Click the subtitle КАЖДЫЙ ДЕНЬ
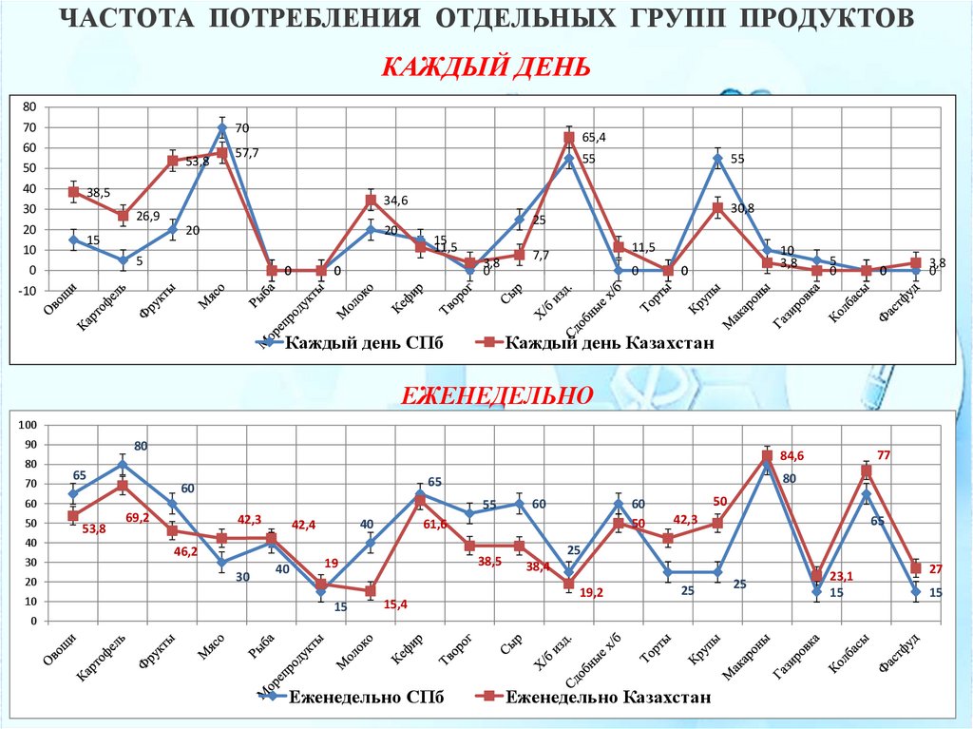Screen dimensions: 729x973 click(x=486, y=68)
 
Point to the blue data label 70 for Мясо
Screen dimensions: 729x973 click(x=241, y=128)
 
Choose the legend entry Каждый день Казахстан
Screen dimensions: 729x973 click(x=608, y=342)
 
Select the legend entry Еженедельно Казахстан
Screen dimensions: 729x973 click(x=608, y=698)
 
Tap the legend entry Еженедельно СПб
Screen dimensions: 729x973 click(x=366, y=698)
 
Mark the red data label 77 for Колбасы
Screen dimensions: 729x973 click(x=883, y=455)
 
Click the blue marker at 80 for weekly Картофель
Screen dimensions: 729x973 click(x=123, y=464)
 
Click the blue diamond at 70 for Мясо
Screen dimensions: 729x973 click(x=221, y=127)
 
